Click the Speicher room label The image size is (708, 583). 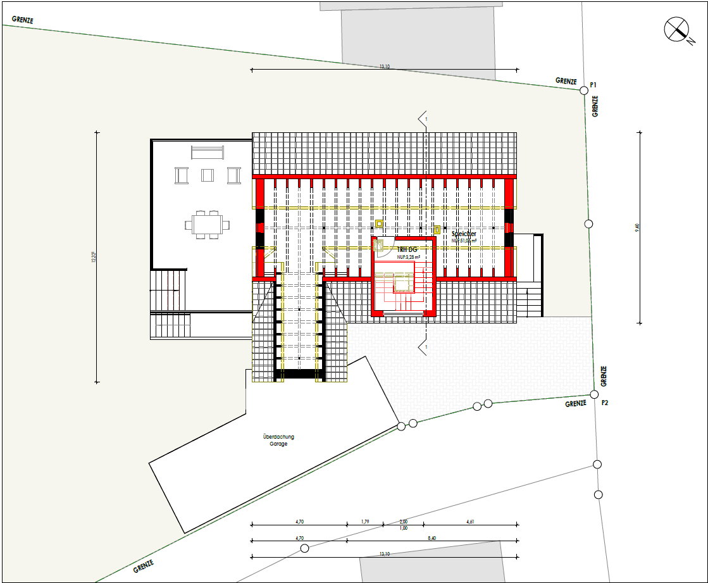pos(464,234)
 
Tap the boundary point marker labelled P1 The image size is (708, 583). pos(584,91)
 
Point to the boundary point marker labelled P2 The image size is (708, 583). pos(594,394)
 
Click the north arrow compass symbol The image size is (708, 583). pos(676,29)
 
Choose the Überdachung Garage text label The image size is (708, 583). pos(278,440)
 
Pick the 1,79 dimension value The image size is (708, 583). pos(365,522)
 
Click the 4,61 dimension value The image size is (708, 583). pos(470,522)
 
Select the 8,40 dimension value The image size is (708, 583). pos(432,537)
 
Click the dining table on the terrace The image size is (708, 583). pos(207,223)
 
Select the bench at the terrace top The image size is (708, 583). pos(208,152)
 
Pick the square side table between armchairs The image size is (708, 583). pos(208,175)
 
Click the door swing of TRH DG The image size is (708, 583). pos(384,249)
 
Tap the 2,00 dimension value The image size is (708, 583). pos(404,522)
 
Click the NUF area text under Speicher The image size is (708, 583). pos(464,241)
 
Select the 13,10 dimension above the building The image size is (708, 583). pos(384,66)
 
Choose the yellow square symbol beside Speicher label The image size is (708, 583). pos(437,229)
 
